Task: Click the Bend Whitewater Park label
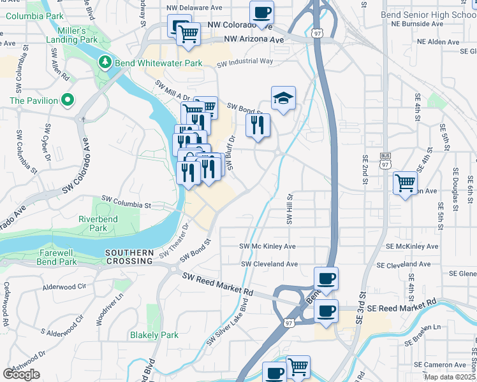(158, 63)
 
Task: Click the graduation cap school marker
(283, 98)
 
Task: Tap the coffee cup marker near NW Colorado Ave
(261, 12)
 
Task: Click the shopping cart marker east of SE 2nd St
(405, 183)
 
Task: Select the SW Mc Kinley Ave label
(267, 246)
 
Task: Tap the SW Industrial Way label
(245, 62)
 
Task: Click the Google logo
(21, 374)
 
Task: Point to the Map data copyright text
(450, 377)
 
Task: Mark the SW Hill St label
(289, 209)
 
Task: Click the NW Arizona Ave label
(254, 39)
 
